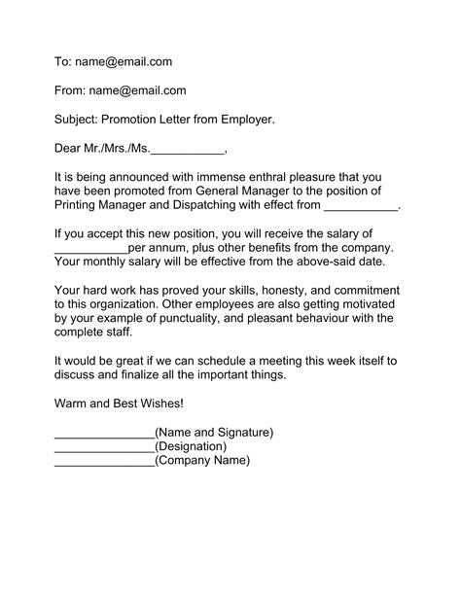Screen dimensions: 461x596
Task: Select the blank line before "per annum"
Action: click(90, 249)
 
